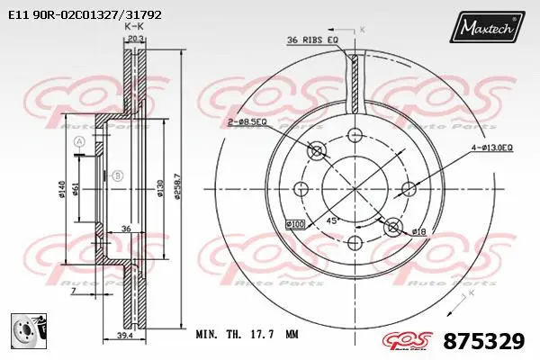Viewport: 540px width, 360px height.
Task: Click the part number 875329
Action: pos(483,342)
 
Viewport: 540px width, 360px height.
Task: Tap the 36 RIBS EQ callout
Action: pos(312,40)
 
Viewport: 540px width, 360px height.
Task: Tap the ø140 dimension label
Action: pos(61,188)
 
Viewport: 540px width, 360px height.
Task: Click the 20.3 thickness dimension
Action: pos(135,39)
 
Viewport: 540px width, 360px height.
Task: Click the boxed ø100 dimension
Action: pos(296,223)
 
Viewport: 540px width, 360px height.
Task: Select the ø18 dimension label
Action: pos(418,231)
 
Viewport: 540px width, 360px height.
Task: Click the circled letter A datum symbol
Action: pos(79,143)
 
